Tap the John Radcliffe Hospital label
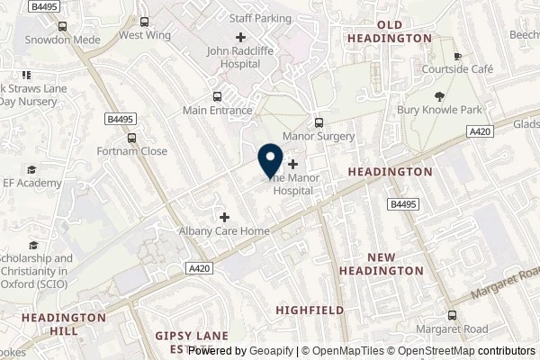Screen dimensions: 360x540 coord(240,58)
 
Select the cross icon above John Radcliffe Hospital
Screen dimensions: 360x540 coord(240,37)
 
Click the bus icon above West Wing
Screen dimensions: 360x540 coord(144,22)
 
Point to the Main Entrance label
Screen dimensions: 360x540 coord(217,111)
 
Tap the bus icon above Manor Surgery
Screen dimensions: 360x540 coord(318,122)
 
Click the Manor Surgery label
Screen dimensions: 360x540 coord(319,137)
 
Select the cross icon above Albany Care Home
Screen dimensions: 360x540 coord(224,216)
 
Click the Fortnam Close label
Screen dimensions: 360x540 coord(132,151)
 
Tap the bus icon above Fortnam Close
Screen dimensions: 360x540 coord(132,138)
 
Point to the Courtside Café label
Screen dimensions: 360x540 coord(457,68)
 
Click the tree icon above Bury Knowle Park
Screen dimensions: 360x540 coord(439,96)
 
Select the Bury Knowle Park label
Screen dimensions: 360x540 coord(439,111)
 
